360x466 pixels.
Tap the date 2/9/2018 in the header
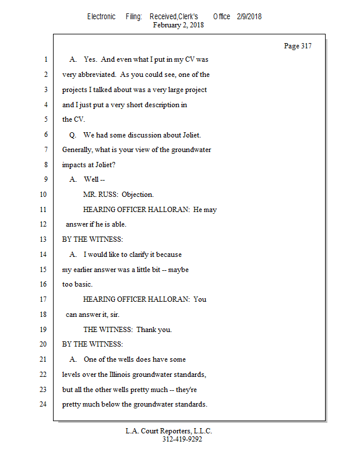(249, 16)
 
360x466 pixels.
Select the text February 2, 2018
(178, 25)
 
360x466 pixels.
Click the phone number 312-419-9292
(182, 439)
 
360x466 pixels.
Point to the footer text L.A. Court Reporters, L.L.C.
(169, 431)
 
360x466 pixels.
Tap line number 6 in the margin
(45, 135)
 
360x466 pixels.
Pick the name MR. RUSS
(101, 195)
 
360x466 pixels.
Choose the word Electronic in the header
(101, 16)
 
